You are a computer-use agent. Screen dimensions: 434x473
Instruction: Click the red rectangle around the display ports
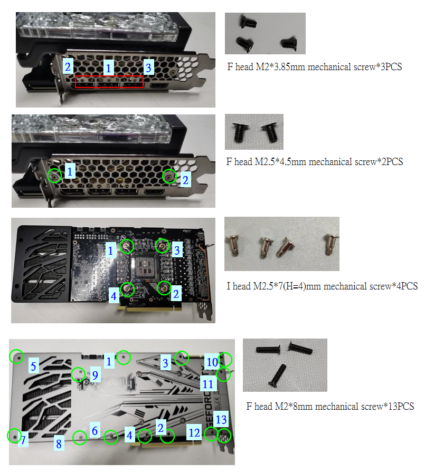click(x=75, y=82)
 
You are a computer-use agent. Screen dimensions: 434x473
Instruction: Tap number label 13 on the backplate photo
click(x=221, y=419)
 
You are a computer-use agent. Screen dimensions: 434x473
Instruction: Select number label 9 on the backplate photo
click(x=95, y=375)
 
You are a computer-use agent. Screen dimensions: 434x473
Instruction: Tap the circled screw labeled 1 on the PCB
click(x=127, y=246)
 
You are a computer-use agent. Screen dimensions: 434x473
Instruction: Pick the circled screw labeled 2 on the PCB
click(x=164, y=288)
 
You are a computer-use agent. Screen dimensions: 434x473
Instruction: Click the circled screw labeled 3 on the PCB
click(x=162, y=246)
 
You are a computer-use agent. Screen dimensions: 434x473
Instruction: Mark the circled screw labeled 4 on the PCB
click(x=127, y=289)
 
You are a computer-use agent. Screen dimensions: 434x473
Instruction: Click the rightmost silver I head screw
click(x=331, y=244)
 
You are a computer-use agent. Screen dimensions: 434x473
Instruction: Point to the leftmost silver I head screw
click(x=233, y=246)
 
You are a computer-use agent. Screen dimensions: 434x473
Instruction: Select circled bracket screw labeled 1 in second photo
click(x=55, y=175)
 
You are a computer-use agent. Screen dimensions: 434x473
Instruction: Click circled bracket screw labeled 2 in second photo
click(x=169, y=176)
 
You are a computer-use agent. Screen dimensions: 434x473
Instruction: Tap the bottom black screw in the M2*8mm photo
click(x=277, y=375)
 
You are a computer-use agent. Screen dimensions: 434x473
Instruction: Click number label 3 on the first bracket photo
click(x=148, y=67)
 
